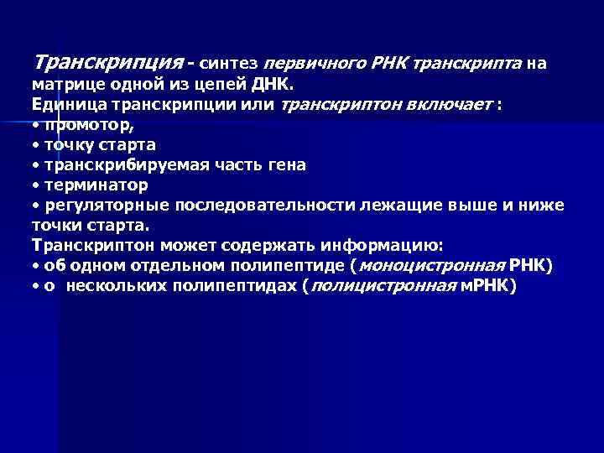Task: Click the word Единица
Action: click(65, 104)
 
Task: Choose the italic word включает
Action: click(450, 104)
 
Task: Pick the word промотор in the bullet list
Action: click(90, 124)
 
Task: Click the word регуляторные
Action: click(99, 205)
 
